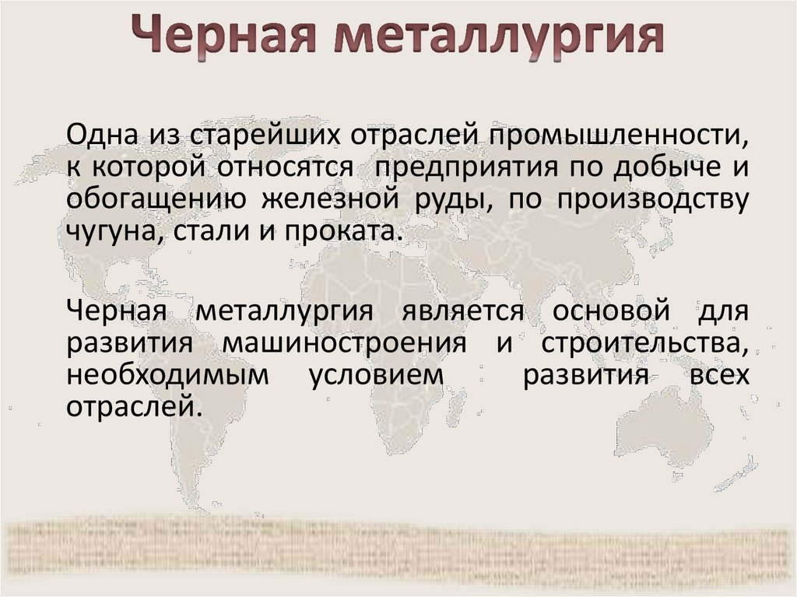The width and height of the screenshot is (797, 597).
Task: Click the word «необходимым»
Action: coord(168,375)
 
